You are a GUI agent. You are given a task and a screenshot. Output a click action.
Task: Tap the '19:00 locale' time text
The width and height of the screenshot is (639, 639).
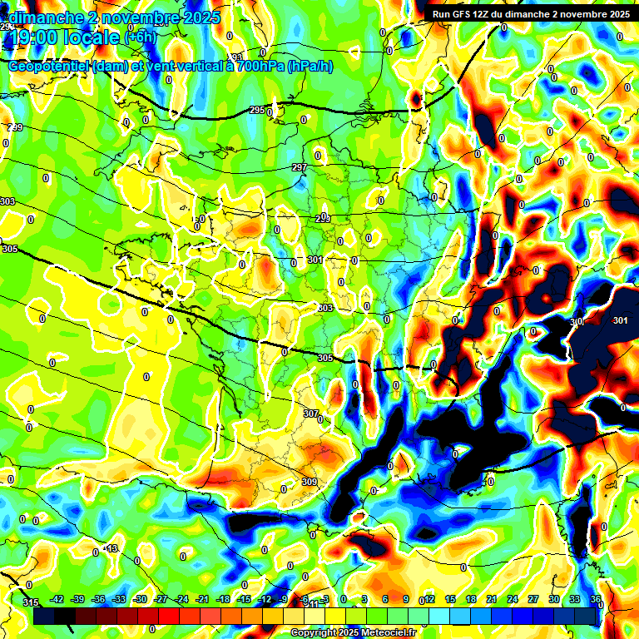67,37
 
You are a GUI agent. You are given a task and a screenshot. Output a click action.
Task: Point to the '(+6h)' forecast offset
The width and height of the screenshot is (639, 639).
140,37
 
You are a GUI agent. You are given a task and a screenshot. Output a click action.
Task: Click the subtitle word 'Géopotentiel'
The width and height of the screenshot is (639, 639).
48,67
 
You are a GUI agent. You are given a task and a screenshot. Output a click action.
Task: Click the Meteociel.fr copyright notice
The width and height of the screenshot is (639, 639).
353,633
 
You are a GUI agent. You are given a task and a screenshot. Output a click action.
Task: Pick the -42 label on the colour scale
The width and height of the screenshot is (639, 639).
57,600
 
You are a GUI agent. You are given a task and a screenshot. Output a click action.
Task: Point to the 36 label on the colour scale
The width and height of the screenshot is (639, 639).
596,600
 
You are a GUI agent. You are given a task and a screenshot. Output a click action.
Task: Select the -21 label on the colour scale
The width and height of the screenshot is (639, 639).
201,600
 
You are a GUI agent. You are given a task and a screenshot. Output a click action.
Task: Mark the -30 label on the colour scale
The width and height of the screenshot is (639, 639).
140,600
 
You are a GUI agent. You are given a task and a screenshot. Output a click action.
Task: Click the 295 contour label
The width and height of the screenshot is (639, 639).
257,111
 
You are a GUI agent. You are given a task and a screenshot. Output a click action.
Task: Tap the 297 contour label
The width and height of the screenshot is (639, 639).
300,168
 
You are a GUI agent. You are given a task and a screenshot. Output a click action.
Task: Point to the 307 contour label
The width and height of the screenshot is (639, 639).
310,414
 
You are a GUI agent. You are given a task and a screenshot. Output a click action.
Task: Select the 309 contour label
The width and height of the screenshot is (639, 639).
309,482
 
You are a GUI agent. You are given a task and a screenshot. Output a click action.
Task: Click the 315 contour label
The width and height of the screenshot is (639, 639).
31,602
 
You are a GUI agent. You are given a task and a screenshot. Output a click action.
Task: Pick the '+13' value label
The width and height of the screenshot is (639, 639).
111,549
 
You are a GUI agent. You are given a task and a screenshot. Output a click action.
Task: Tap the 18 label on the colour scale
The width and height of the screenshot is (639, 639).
471,600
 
